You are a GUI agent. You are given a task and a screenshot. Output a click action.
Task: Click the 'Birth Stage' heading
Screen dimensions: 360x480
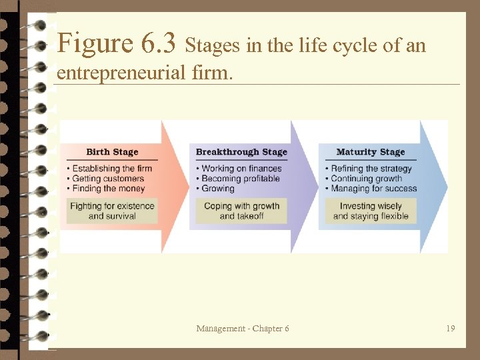(112, 152)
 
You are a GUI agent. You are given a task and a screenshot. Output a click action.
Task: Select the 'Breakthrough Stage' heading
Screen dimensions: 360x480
(241, 152)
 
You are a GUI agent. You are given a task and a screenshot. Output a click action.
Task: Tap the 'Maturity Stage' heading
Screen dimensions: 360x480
(371, 152)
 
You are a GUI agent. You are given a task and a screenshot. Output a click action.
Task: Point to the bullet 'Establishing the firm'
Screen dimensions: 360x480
(112, 169)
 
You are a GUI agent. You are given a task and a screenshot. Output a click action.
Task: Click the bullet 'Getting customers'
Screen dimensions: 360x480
(108, 179)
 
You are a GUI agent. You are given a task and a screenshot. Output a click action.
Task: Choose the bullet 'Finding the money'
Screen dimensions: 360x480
(108, 189)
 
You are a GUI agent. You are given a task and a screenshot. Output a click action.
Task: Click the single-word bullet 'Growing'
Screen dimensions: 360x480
(218, 189)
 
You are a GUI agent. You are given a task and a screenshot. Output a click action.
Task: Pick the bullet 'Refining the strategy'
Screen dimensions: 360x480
(371, 169)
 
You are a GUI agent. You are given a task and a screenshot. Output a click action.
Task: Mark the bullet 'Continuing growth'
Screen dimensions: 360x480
(367, 179)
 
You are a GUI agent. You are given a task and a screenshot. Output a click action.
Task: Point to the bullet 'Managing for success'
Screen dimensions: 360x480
(373, 189)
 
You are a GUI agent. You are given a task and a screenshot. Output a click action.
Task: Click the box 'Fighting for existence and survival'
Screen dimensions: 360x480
(112, 211)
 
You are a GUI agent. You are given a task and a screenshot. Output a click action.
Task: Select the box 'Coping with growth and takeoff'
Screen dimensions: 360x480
(241, 211)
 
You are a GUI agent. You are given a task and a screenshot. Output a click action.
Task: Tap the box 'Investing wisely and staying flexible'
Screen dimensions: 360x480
(371, 211)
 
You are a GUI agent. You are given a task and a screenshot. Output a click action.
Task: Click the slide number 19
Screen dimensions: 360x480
(451, 328)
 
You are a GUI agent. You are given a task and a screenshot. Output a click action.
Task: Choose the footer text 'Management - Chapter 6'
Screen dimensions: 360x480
(243, 328)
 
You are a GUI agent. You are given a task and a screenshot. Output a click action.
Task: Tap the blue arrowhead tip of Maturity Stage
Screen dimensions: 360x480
(443, 186)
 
